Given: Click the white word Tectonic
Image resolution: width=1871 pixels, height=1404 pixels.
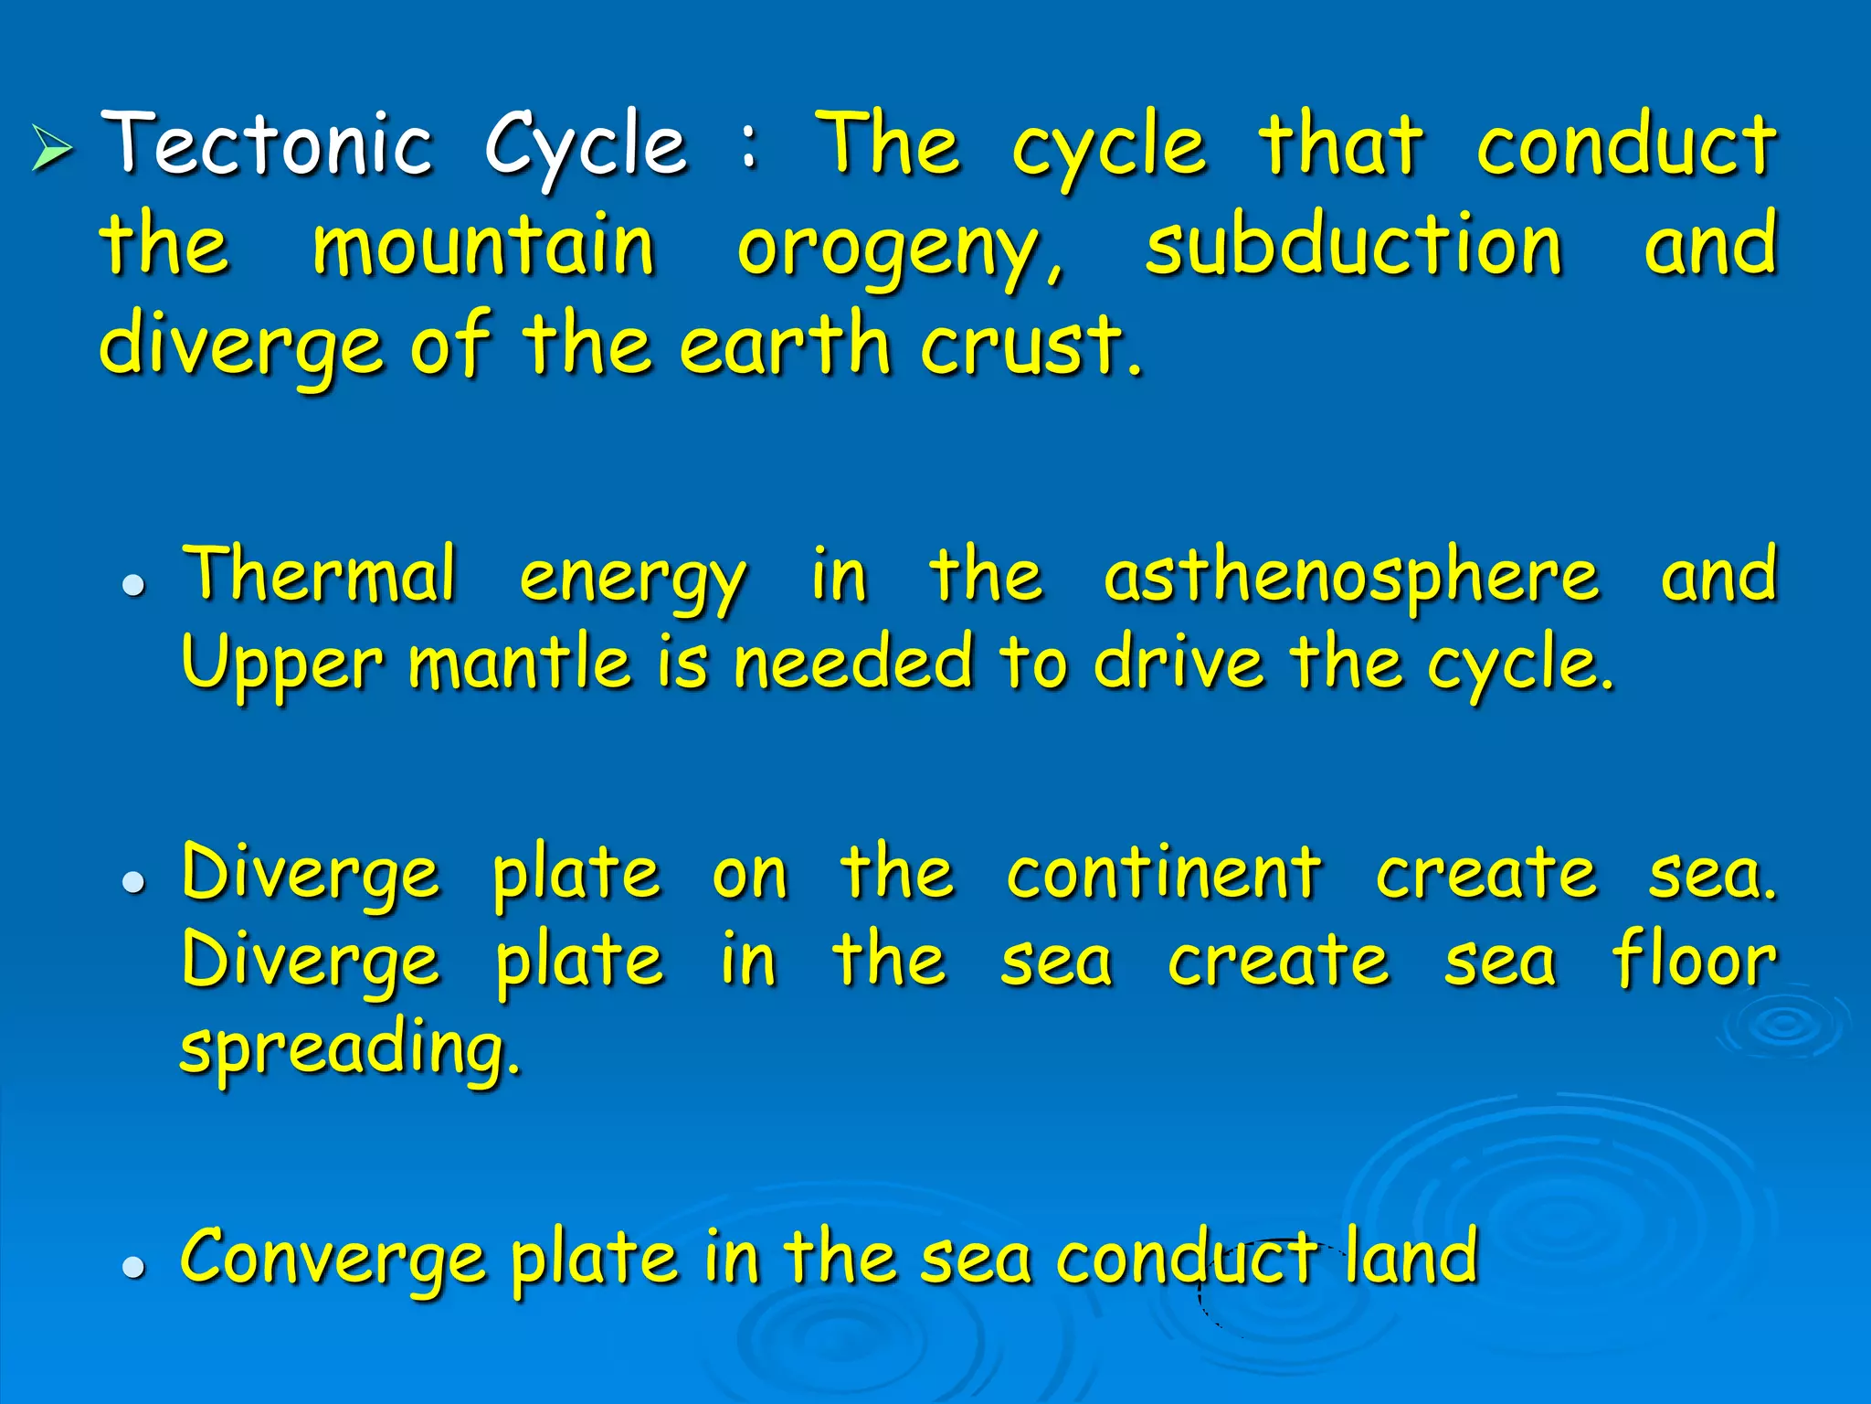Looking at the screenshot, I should pos(266,144).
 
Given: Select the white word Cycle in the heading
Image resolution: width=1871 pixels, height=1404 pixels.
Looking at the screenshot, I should pos(585,146).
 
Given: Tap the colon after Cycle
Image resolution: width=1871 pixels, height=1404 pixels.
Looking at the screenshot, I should pos(749,149).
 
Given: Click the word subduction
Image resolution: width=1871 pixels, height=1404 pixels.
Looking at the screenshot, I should pos(1353,245).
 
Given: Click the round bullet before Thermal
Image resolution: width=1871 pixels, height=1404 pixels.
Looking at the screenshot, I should pos(134,586).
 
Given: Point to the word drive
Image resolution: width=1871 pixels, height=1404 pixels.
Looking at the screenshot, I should pos(1179,662).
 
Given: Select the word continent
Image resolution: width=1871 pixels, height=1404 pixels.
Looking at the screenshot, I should pos(1164,873).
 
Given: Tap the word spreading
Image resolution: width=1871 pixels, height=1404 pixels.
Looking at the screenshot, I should pos(350,1050).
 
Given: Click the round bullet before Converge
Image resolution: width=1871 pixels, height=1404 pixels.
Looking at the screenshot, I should pos(134,1267).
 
